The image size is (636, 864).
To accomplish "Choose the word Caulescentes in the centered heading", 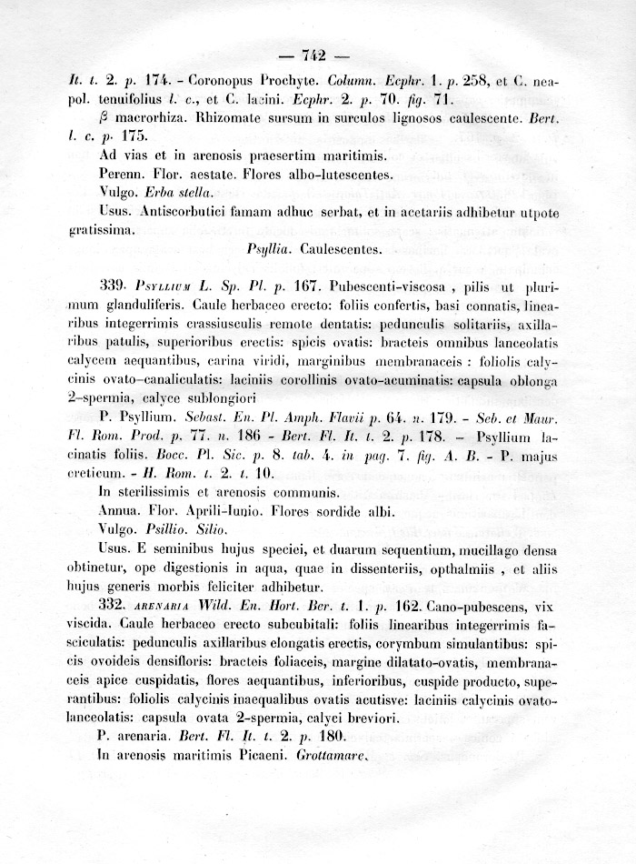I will pyautogui.click(x=343, y=247).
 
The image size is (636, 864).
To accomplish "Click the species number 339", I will pyautogui.click(x=114, y=286).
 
